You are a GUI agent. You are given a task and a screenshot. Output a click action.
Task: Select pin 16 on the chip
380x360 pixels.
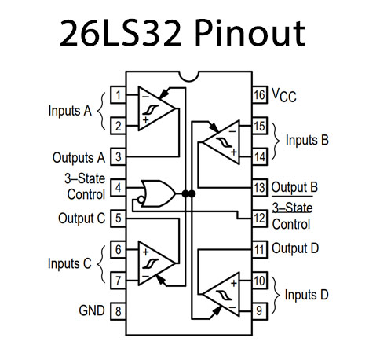tap(258, 96)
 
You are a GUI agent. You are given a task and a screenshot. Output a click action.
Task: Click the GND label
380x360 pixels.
tap(91, 310)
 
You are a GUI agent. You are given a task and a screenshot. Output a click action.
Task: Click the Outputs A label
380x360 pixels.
tap(79, 157)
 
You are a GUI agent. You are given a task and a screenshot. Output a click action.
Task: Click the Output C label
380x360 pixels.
tap(81, 218)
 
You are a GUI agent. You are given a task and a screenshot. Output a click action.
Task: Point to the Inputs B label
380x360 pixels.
tap(307, 141)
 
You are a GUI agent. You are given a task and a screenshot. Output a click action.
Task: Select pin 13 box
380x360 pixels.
tap(258, 188)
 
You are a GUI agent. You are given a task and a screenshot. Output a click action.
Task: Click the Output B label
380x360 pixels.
tap(294, 188)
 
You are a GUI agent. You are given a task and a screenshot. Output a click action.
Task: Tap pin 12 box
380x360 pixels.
tap(258, 218)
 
